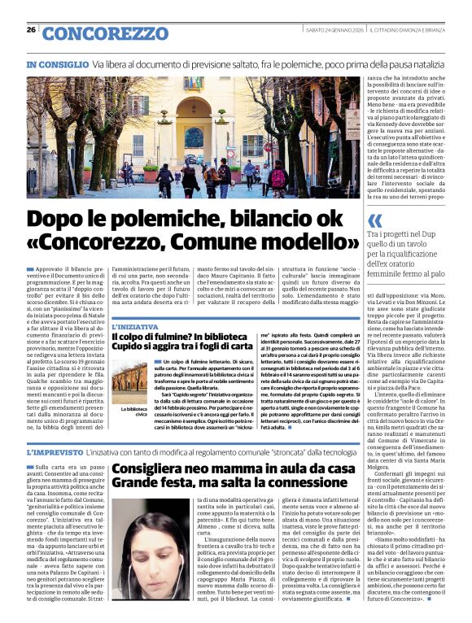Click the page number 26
coord(31,29)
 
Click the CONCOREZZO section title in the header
coord(103,33)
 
